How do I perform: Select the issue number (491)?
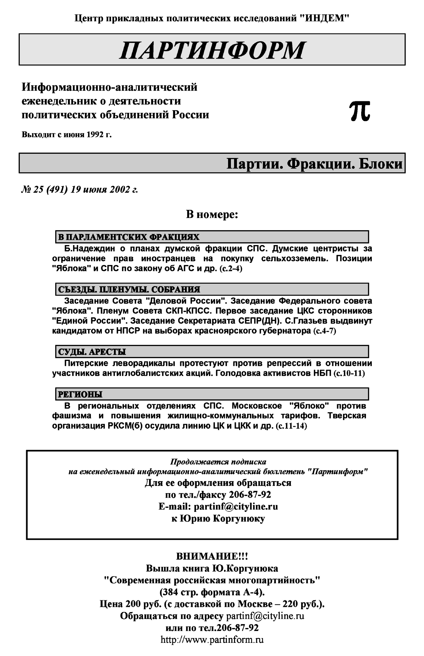[x=57, y=190]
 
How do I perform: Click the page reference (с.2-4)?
[x=231, y=268]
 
